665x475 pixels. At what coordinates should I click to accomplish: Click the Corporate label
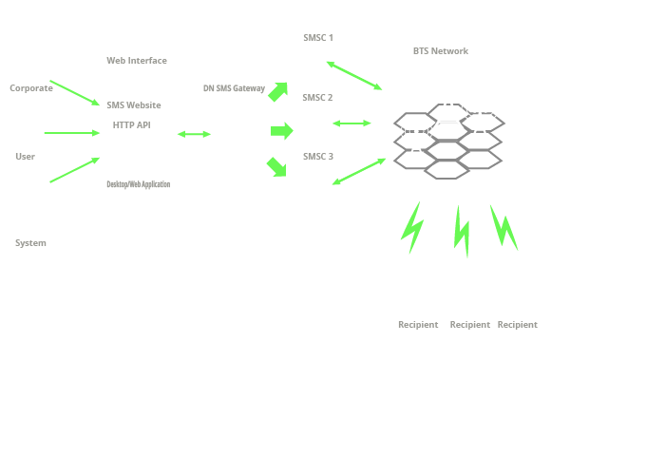coord(31,88)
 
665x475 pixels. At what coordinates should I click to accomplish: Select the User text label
coord(25,157)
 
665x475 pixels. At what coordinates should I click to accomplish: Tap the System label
coord(30,243)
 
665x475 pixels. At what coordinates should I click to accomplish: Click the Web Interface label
coord(137,61)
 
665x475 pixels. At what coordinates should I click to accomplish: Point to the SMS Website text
coord(134,105)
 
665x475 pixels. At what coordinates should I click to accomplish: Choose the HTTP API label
coord(131,125)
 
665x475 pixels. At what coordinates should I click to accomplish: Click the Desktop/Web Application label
coord(139,184)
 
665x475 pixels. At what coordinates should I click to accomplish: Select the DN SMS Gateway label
coord(234,88)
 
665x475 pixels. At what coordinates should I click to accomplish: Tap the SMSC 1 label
coord(318,38)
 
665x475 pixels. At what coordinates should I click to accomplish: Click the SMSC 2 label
coord(317,98)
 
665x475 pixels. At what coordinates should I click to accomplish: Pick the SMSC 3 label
coord(318,157)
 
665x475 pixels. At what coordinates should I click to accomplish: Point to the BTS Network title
coord(441,51)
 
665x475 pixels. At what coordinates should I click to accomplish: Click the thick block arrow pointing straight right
coord(281,131)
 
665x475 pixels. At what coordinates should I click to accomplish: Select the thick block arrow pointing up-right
coord(278,91)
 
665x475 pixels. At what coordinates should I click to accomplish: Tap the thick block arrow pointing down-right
coord(277,166)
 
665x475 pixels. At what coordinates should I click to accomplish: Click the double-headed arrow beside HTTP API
coord(194,134)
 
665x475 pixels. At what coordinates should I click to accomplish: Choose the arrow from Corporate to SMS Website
coord(75,92)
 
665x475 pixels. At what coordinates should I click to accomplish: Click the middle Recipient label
coord(470,325)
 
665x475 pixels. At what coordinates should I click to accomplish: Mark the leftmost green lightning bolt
coord(412,228)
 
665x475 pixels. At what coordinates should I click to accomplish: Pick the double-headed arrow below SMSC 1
coord(354,75)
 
